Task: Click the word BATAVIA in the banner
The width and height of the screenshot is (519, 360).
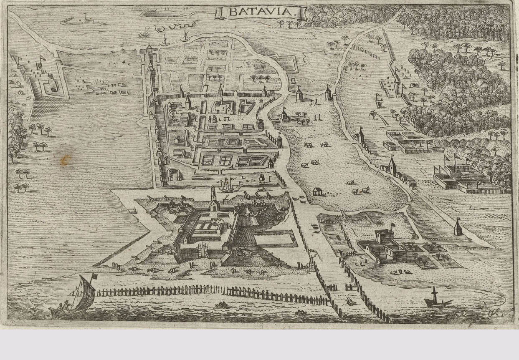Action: [261, 13]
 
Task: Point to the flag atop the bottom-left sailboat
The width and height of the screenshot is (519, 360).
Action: [94, 275]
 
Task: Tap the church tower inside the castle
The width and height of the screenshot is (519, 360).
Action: [214, 199]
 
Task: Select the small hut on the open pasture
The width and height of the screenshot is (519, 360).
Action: [318, 191]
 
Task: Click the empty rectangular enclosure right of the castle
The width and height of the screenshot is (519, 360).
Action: [274, 239]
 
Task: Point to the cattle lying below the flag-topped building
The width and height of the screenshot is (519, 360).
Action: [400, 272]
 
